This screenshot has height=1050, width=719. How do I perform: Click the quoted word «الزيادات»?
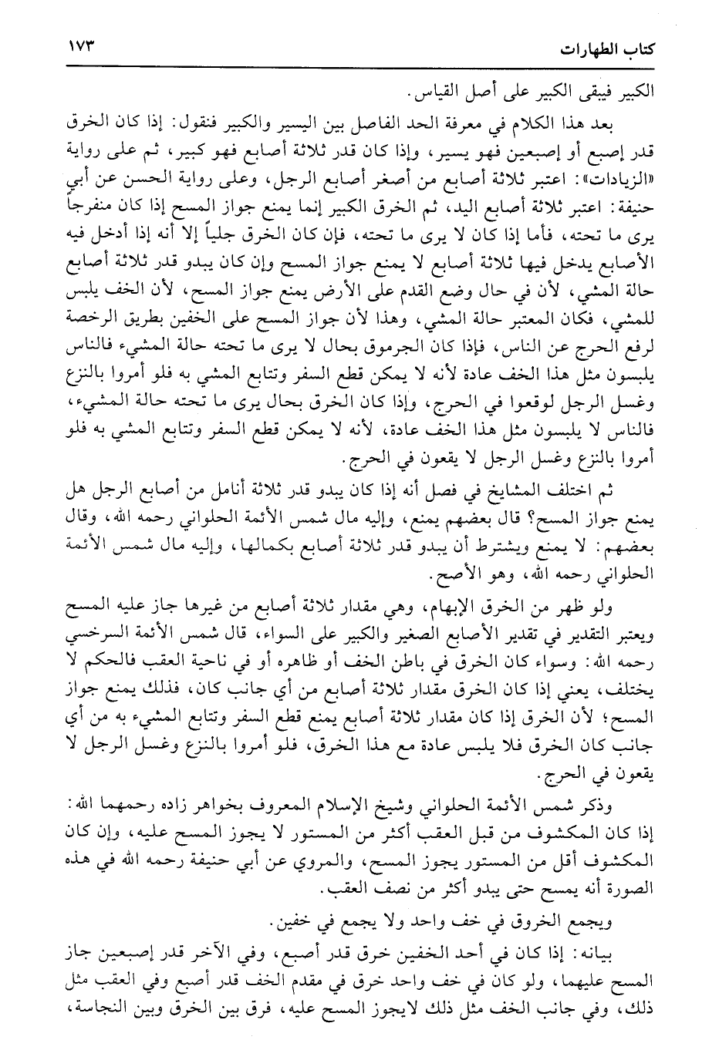tap(618, 186)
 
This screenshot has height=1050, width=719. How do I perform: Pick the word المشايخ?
tap(529, 493)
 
